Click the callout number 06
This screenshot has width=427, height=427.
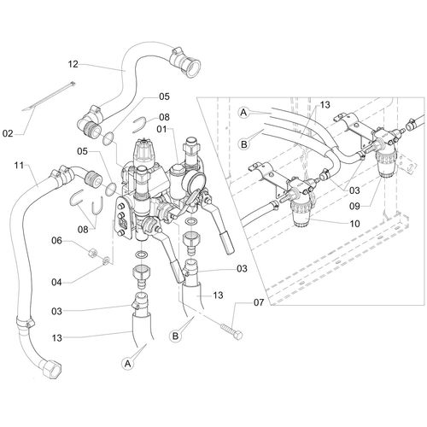58,242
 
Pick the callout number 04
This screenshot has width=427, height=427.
58,280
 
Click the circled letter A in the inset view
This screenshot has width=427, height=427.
243,111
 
